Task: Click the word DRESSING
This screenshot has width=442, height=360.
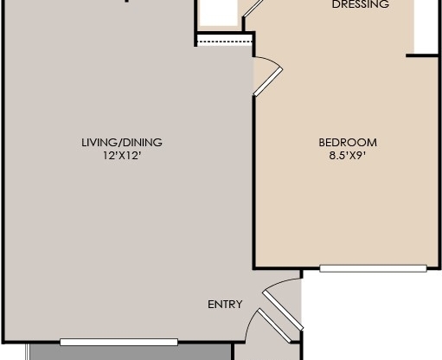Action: coord(361,5)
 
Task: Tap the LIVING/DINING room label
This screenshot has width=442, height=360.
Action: coord(121,143)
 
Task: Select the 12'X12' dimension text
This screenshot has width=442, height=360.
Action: coord(121,157)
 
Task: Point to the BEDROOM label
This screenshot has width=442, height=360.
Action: coord(348,143)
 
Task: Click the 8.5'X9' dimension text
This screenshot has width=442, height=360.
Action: coord(348,157)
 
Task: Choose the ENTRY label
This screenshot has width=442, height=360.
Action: coord(225,304)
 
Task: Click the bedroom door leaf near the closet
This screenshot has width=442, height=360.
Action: coord(267,79)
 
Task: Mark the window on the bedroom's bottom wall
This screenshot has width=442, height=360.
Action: coord(373,268)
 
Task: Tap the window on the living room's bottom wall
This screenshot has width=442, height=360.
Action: coord(119,342)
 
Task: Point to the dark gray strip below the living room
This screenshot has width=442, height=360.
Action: coord(130,353)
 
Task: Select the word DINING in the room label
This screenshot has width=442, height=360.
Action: coord(144,143)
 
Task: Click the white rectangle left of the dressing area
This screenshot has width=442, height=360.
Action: coord(217,13)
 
